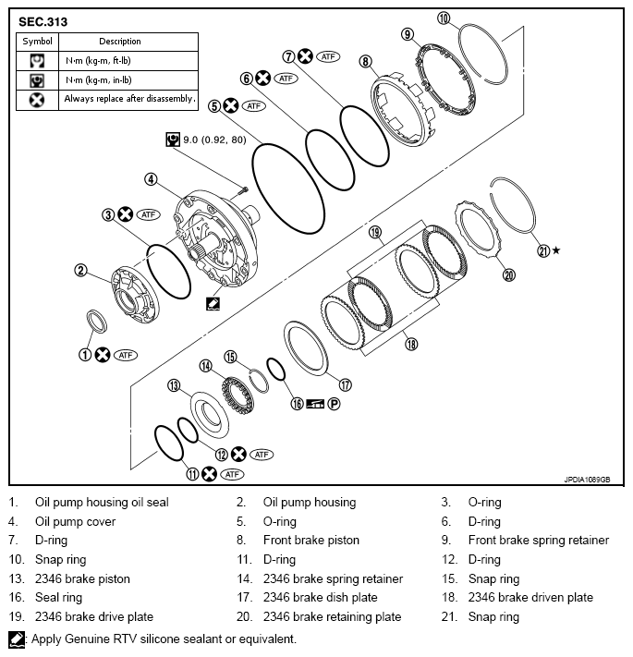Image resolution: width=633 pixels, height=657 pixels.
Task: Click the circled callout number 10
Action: [x=444, y=18]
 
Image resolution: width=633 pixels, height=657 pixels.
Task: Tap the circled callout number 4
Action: [x=150, y=179]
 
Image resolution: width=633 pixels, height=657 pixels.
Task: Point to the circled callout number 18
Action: [x=411, y=343]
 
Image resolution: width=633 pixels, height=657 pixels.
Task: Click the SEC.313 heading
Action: [x=43, y=20]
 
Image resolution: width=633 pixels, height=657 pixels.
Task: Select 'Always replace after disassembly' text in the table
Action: [x=129, y=98]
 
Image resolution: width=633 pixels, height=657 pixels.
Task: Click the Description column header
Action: [x=120, y=42]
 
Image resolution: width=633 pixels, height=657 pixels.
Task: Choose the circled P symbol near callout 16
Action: [x=335, y=403]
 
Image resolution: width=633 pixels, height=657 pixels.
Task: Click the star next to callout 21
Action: [x=555, y=250]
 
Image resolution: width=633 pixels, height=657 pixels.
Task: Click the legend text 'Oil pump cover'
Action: [x=75, y=520]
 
